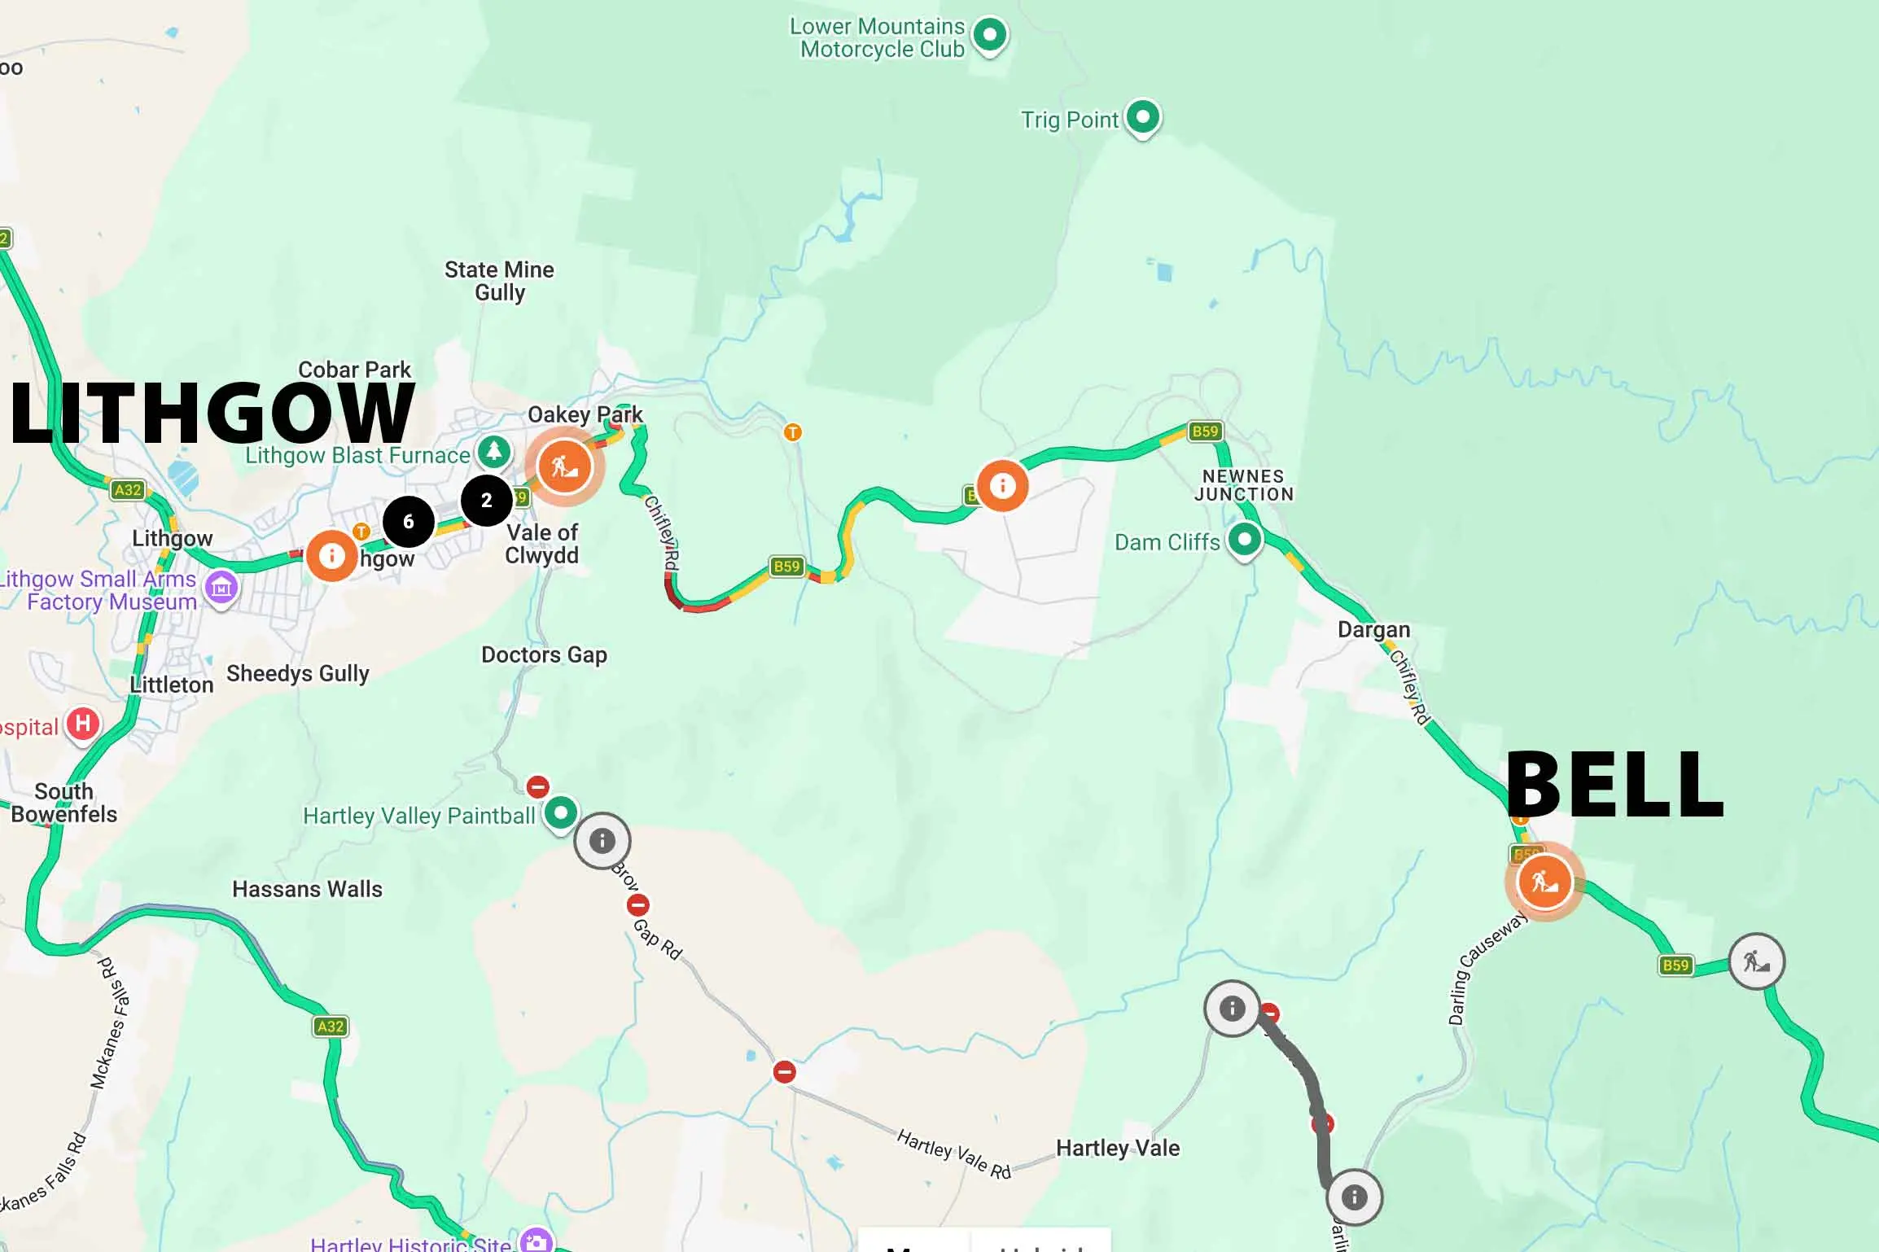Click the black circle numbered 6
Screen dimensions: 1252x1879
click(x=409, y=522)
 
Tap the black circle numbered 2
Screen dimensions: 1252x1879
click(x=486, y=500)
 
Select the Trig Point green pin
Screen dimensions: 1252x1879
click(x=1143, y=118)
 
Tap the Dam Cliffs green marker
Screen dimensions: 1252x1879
click(x=1244, y=539)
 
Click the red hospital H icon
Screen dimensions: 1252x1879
click(x=83, y=724)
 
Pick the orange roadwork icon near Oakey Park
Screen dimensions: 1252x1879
click(x=564, y=466)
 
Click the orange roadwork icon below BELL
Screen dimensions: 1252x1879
click(x=1544, y=882)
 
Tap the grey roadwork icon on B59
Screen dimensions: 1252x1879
click(x=1757, y=961)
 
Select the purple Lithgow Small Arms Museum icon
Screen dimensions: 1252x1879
click(x=221, y=586)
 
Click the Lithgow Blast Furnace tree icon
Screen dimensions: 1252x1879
click(x=493, y=451)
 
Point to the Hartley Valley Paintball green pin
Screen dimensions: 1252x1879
click(x=560, y=813)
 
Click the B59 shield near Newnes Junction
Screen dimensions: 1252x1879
click(x=1205, y=431)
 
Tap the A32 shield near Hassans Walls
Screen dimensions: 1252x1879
click(x=330, y=1027)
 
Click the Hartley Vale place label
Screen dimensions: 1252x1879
click(x=1117, y=1148)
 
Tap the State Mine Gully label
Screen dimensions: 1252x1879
click(x=499, y=281)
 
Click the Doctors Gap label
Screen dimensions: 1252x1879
click(x=544, y=654)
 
